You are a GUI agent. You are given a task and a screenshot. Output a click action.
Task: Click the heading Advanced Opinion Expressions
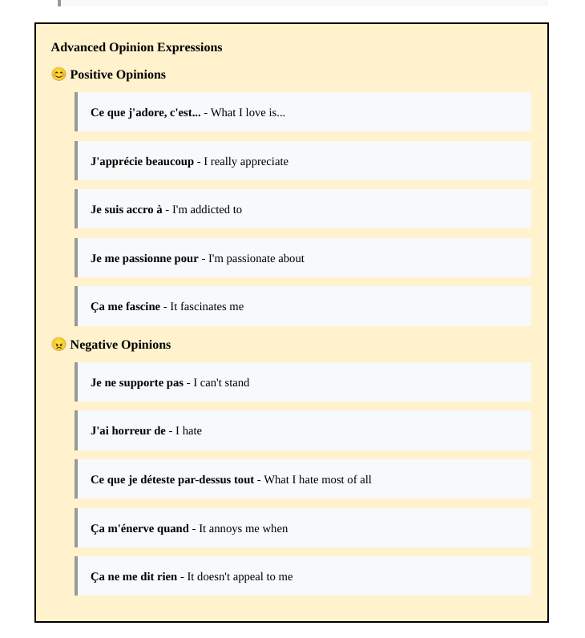(136, 47)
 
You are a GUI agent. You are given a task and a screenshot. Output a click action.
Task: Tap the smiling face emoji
(58, 75)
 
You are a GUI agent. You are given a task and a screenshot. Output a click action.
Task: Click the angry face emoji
(58, 345)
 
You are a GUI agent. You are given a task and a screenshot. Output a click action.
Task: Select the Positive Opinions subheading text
(118, 75)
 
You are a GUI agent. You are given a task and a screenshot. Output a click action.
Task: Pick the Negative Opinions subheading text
(120, 345)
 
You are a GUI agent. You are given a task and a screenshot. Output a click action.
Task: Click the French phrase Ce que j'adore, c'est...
(145, 112)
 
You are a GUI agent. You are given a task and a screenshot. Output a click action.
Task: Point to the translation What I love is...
(248, 112)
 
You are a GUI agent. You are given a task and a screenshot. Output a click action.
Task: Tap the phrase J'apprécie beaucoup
(142, 161)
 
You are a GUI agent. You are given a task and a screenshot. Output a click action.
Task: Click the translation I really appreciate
(246, 161)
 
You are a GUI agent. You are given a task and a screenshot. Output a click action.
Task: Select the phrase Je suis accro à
(126, 209)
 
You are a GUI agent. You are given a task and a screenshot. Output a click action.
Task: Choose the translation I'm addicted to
(207, 209)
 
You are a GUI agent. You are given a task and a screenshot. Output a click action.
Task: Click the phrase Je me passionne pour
(144, 258)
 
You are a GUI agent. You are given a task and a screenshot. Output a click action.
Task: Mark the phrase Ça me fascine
(125, 306)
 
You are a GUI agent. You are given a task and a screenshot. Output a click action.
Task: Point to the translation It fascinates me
(207, 306)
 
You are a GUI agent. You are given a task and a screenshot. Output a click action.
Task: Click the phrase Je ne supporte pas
(137, 382)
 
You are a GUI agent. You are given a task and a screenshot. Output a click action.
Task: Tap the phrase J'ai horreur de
(128, 430)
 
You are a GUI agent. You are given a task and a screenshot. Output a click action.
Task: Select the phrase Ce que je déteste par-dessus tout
(172, 479)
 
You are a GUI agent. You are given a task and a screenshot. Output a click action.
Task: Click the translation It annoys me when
(244, 528)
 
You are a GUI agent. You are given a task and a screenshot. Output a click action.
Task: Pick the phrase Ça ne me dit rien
(134, 576)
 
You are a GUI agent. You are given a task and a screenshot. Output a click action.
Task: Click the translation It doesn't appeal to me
(240, 576)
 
